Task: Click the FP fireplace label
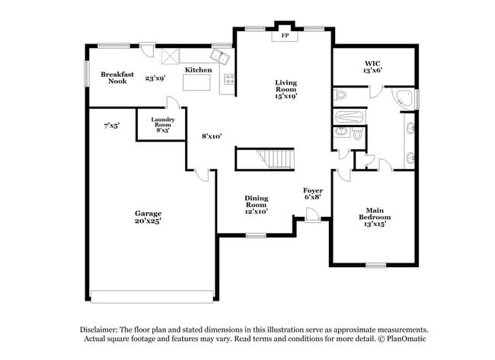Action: pos(285,36)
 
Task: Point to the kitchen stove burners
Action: pos(227,79)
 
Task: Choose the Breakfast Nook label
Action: pos(117,78)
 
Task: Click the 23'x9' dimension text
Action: pos(155,78)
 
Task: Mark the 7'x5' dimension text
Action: pos(112,126)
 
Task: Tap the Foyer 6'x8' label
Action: pos(312,193)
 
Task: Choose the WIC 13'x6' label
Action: pos(372,66)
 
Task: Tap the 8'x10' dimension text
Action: pos(211,136)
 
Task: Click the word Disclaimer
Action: pos(101,329)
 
